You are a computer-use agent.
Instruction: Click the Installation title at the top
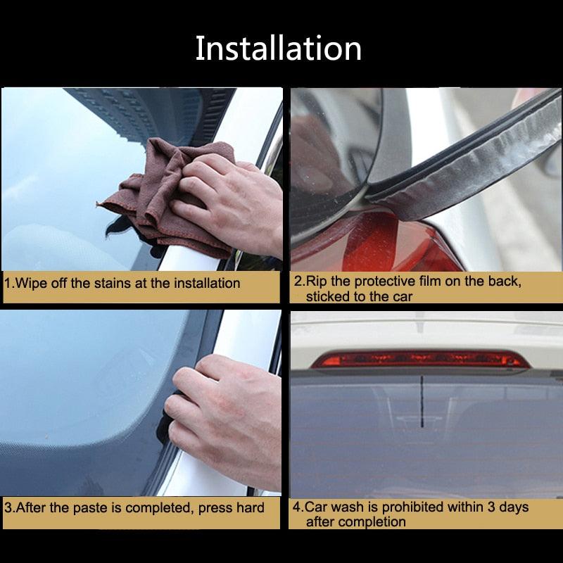279,48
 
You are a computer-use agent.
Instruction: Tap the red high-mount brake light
420,360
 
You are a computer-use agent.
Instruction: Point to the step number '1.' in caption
9,284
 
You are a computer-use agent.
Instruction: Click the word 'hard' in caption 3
250,507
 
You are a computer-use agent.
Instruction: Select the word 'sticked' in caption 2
327,296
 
